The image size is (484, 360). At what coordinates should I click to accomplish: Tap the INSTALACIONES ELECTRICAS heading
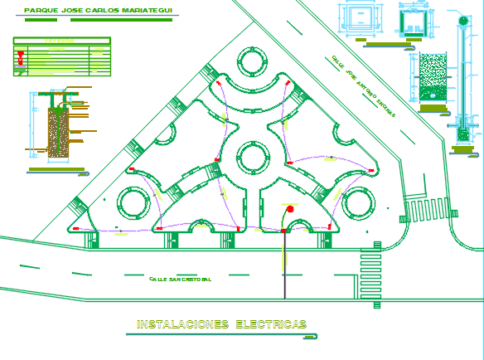coord(222,324)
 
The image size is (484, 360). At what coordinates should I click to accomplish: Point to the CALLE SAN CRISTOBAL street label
coord(180,280)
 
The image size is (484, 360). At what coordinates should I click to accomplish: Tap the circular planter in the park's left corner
coord(133,202)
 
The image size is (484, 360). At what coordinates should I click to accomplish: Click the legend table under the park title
coord(62,56)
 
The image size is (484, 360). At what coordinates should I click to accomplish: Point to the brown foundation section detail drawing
coord(58,132)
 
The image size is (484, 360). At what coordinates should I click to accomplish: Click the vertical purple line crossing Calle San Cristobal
coord(284,265)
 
